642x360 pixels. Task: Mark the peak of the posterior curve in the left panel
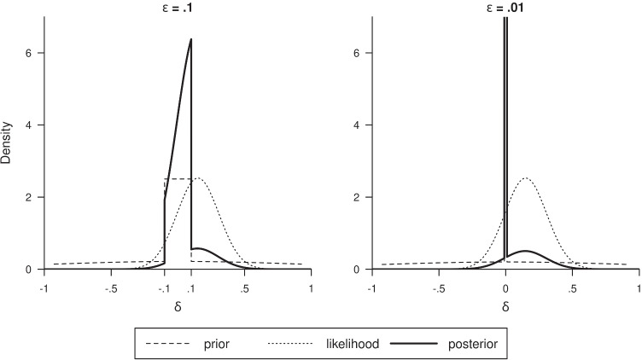[190, 39]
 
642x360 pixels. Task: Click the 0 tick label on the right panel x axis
[506, 287]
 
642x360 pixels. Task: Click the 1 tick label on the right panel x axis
[639, 287]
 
